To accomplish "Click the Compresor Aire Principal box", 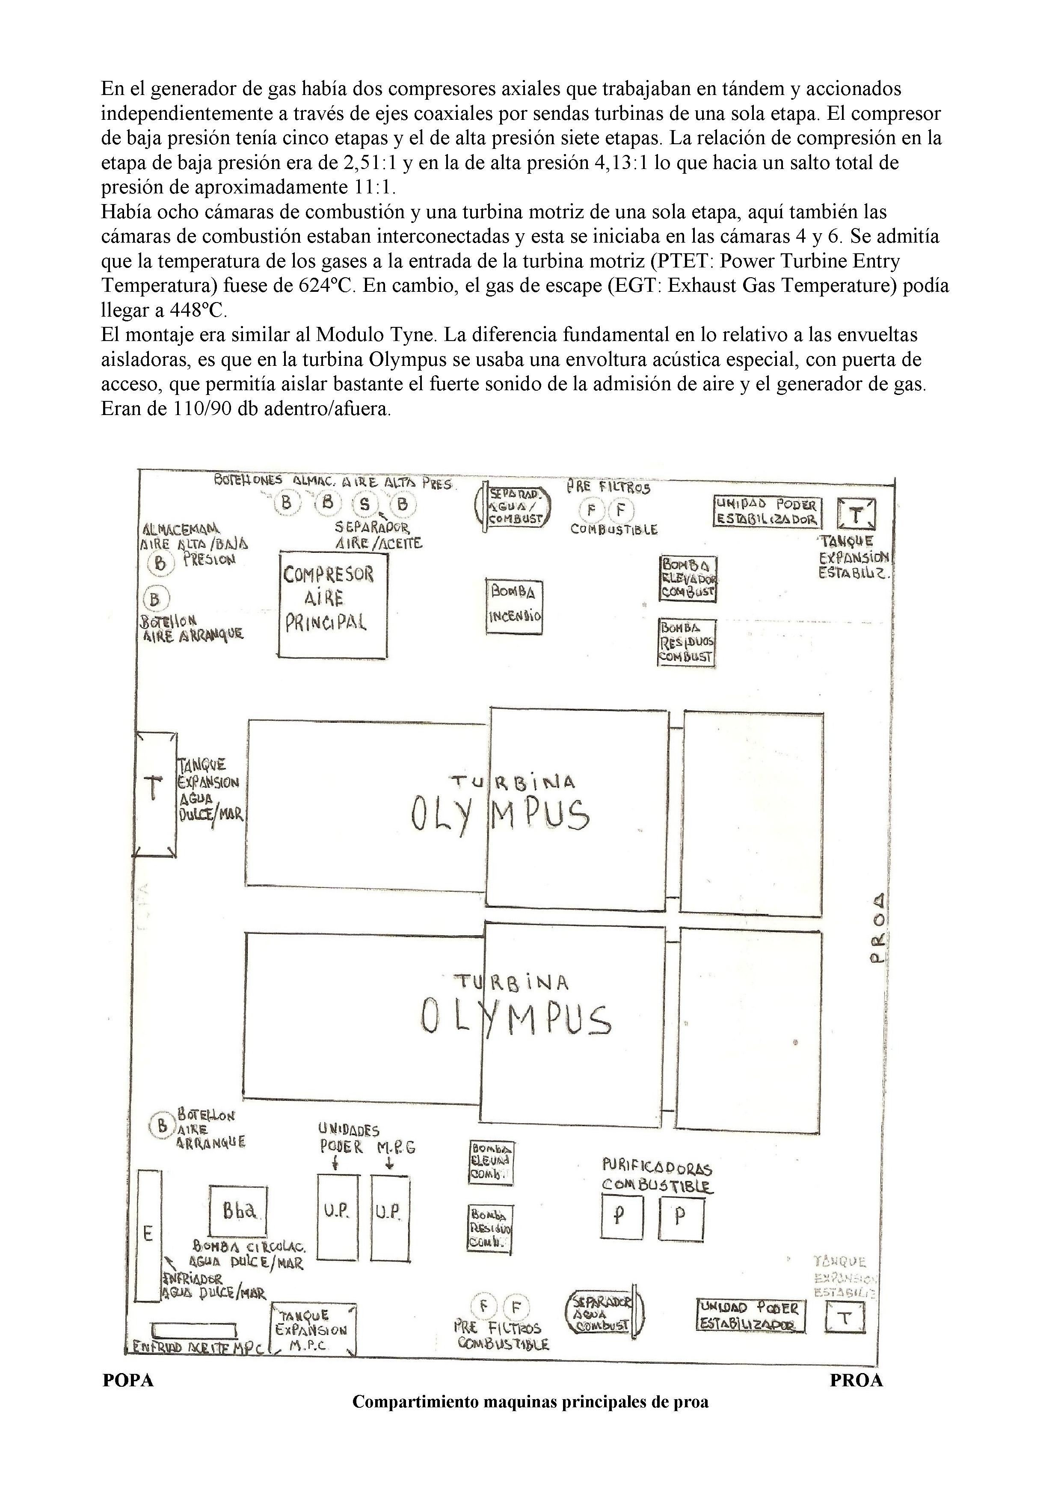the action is pos(333,604).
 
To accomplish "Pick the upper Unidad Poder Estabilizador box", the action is pos(767,513).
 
